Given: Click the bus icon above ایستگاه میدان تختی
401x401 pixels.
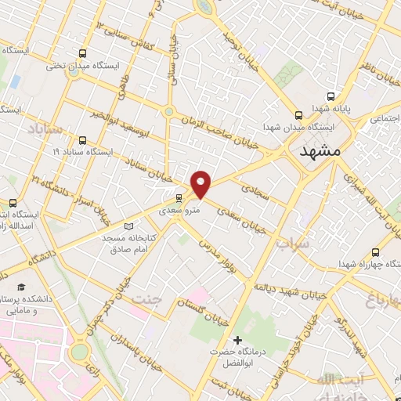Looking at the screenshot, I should click(82, 53).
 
